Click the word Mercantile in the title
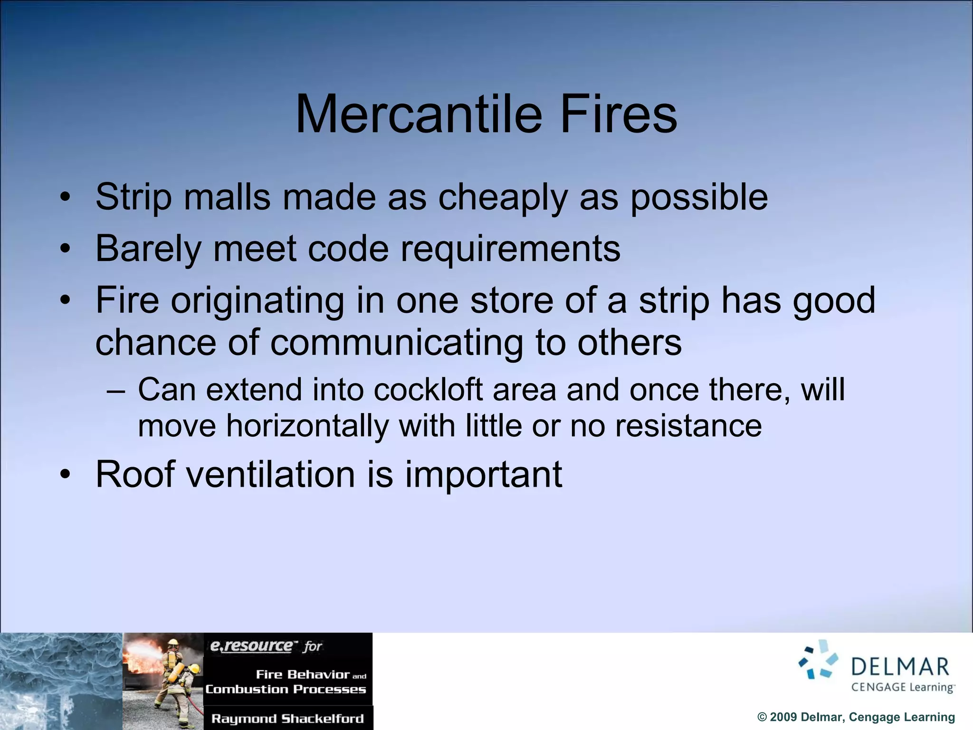(x=419, y=115)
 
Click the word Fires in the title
(x=618, y=115)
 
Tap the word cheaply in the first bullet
(x=503, y=198)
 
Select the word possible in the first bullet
(x=699, y=198)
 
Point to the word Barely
(x=148, y=249)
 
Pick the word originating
(x=258, y=301)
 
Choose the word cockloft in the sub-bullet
(x=428, y=390)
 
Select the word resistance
(x=688, y=426)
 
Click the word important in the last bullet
(x=483, y=475)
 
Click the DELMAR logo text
(x=900, y=667)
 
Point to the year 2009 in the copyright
(x=783, y=717)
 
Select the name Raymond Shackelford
(x=287, y=719)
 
